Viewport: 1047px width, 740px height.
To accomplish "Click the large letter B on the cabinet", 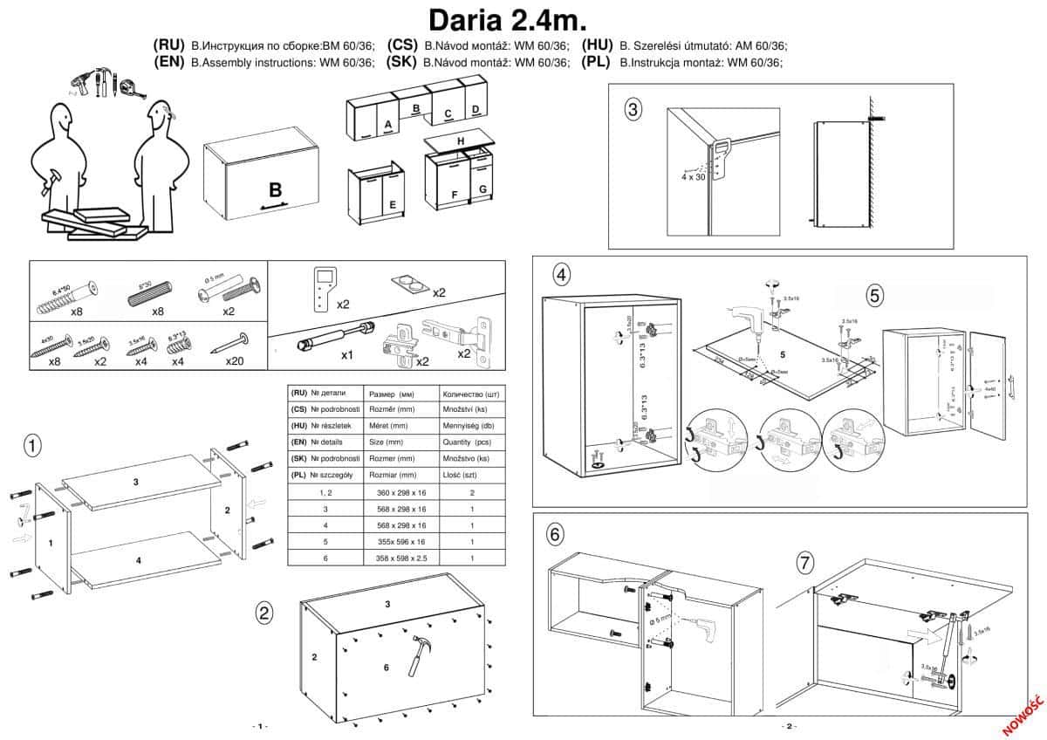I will tap(275, 189).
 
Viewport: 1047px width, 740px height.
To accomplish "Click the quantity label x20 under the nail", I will tap(233, 360).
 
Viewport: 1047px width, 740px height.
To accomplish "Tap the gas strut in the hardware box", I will tap(335, 335).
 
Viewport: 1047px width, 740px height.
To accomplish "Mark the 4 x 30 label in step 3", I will tap(693, 177).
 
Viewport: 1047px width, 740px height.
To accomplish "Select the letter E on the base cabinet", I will tap(393, 204).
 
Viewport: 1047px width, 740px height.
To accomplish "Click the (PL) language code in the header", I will tap(598, 62).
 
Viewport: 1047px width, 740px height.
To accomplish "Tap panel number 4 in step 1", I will tap(138, 559).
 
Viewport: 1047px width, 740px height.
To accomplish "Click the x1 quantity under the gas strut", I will tap(347, 355).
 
